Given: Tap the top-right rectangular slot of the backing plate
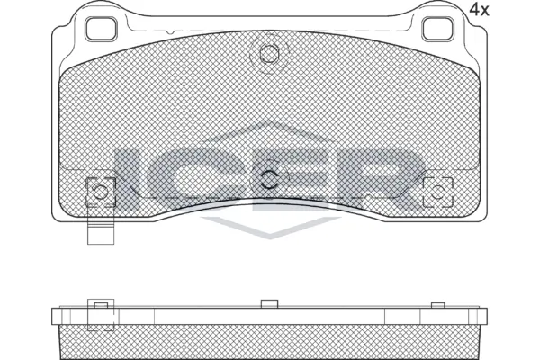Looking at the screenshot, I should coord(438,29).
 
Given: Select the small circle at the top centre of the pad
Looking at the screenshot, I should coord(268,54).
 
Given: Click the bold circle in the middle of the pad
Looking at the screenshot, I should coord(269,178).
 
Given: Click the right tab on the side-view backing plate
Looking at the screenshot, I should coord(438,307).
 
